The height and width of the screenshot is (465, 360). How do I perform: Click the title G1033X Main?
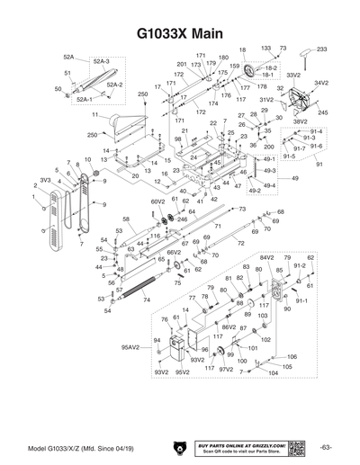point(179,32)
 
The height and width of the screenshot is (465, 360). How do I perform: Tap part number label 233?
point(322,48)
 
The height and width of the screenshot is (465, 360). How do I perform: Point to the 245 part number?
point(322,112)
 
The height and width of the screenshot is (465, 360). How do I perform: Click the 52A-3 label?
point(101,60)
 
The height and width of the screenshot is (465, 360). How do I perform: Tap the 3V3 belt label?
point(43,180)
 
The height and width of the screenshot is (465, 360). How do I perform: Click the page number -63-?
point(326,447)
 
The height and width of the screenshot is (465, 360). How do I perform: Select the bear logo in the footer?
point(181,447)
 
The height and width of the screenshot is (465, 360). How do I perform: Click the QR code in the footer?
point(298,447)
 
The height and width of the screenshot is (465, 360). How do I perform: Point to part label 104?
point(261,375)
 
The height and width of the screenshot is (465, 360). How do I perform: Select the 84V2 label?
point(266,257)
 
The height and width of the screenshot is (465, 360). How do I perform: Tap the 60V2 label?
point(157,201)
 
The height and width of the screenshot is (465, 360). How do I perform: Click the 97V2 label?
point(226,369)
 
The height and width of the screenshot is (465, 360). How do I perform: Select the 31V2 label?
point(265,99)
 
